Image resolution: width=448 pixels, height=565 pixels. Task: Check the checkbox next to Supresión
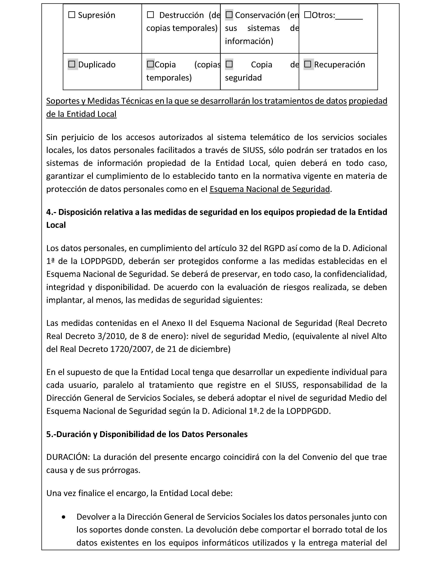72,15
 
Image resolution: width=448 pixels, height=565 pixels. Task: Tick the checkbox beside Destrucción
150,15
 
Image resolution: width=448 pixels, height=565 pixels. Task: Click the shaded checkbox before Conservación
229,15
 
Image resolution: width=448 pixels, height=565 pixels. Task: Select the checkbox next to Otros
308,15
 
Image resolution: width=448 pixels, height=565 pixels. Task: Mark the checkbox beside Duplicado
72,64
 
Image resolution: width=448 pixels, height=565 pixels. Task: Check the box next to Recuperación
308,64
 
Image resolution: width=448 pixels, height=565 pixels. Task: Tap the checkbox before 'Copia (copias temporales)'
150,64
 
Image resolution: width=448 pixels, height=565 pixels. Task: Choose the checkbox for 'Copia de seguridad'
229,64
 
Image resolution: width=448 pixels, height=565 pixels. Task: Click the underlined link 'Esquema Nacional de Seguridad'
269,189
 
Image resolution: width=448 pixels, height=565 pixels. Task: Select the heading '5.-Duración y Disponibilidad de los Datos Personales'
147,434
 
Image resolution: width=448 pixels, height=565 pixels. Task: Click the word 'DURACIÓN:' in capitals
68,457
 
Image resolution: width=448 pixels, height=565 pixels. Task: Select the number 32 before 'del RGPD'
243,248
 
